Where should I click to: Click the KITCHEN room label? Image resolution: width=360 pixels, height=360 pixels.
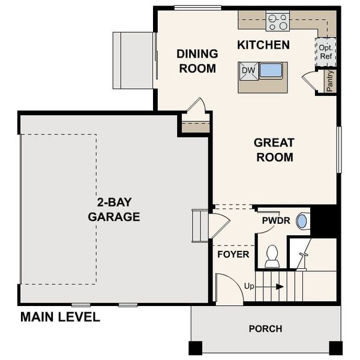263,45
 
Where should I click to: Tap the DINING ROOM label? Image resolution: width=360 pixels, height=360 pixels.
197,61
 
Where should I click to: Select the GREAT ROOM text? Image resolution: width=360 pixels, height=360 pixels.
274,150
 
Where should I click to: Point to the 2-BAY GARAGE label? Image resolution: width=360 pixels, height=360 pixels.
114,209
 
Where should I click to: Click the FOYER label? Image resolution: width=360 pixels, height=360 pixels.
233,254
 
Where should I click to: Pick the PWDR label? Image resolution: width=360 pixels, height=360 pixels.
276,221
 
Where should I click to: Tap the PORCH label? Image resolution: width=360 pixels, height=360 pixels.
265,329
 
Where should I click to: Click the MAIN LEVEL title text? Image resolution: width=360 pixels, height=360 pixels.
60,317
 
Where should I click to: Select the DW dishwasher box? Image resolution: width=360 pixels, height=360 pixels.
248,71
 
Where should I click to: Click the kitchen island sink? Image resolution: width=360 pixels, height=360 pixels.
271,71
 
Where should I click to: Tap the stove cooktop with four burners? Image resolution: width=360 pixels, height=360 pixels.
278,22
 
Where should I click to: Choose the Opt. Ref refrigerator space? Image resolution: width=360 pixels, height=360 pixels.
326,52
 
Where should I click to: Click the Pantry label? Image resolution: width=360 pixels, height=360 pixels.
329,81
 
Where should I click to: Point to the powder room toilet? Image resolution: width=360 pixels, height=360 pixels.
272,256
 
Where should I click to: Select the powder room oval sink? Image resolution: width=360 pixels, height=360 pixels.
302,221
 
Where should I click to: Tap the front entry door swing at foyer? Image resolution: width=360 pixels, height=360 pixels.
227,289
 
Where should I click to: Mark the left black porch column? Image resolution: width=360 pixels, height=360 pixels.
196,347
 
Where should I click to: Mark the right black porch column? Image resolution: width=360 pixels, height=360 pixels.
335,347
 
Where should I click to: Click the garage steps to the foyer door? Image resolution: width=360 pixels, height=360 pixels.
199,225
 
